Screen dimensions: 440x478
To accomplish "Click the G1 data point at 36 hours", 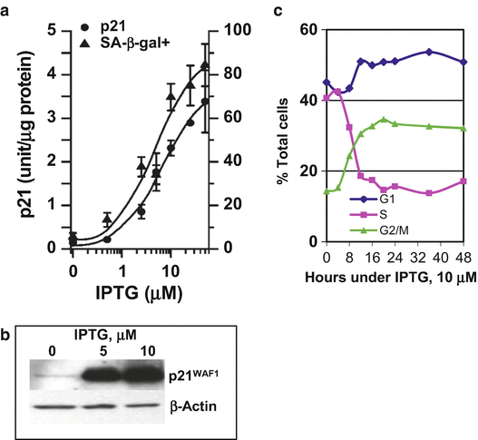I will [x=429, y=52].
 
